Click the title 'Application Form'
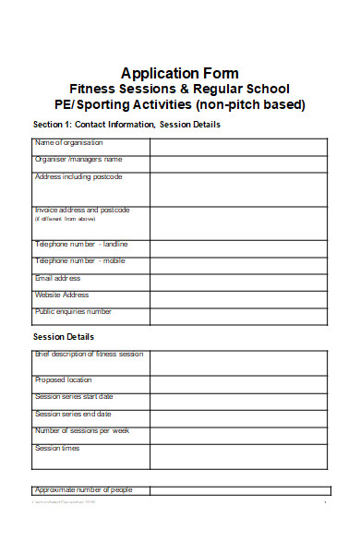point(180,73)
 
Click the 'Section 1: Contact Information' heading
point(126,125)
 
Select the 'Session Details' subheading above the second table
point(64,337)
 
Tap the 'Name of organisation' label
point(68,143)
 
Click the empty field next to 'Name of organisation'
point(238,147)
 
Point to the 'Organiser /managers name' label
point(78,160)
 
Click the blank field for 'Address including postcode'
point(238,188)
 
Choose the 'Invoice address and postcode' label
point(82,211)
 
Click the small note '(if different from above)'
point(66,220)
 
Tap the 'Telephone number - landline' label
point(81,245)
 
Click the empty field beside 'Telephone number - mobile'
point(238,265)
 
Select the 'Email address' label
point(57,278)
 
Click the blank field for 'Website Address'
point(238,298)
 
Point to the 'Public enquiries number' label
point(73,312)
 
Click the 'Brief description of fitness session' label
point(89,355)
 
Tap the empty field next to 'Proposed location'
point(238,383)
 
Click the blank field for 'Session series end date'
point(238,417)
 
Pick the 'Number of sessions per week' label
point(82,431)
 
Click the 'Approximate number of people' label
point(83,489)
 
